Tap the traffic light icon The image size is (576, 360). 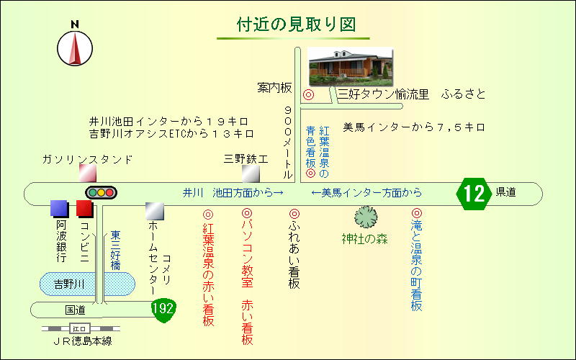pos(101,192)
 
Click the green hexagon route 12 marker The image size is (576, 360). pos(474,194)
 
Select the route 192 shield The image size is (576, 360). pos(164,310)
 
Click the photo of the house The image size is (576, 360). pos(351,66)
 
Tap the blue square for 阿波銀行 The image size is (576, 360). pos(59,208)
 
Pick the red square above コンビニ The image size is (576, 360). pos(85,208)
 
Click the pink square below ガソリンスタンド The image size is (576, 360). pos(88,174)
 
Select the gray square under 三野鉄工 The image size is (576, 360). pos(251,174)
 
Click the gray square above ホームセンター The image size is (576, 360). pos(155,211)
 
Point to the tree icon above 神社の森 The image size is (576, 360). pos(366,217)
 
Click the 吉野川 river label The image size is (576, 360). pos(70,284)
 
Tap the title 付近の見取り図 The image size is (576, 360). pos(296,25)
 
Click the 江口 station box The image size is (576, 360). pos(80,329)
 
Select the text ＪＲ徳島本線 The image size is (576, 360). pos(82,341)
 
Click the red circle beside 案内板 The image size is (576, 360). pos(309,95)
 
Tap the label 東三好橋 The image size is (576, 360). pos(116,250)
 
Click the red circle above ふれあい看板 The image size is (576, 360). pos(294,214)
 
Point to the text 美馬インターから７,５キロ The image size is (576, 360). pos(414,127)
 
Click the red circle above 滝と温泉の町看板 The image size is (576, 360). pos(417,212)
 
